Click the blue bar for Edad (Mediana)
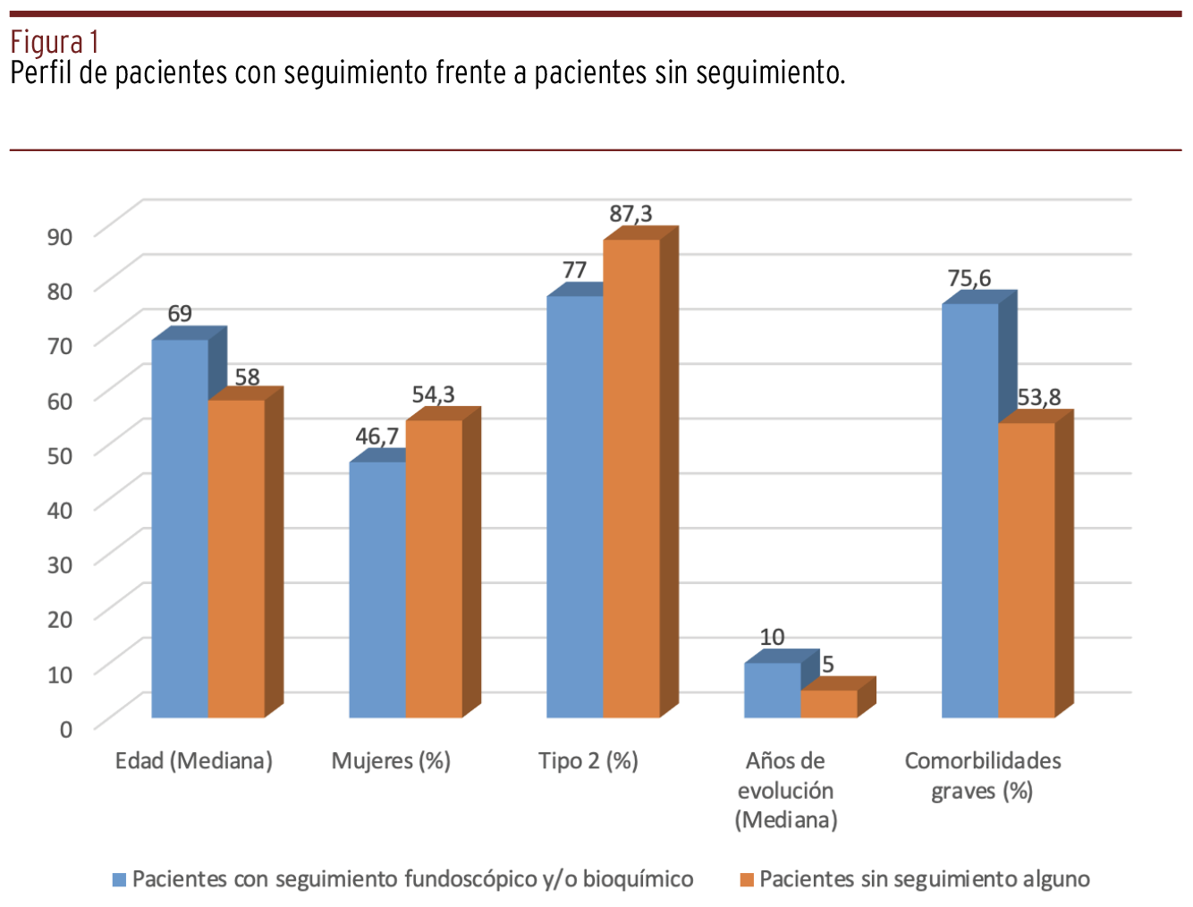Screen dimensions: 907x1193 click(180, 528)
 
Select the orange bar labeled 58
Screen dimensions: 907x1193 click(237, 558)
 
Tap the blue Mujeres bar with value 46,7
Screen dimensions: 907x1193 click(377, 589)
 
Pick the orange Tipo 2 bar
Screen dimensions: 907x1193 click(631, 479)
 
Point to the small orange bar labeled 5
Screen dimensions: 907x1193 click(829, 703)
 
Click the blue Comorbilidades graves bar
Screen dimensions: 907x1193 click(970, 510)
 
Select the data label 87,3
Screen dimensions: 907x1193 click(630, 214)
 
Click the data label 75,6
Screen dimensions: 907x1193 click(969, 278)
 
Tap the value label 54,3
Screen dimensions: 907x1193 click(433, 394)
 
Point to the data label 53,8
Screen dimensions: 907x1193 click(1038, 397)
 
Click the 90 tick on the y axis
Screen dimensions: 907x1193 click(60, 236)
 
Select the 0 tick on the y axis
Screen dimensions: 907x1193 click(66, 729)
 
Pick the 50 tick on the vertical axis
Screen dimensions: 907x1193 click(60, 455)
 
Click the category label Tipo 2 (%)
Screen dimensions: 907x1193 click(588, 761)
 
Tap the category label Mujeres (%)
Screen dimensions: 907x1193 click(391, 761)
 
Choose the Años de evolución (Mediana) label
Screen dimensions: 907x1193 click(786, 790)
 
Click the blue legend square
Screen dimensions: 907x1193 click(119, 879)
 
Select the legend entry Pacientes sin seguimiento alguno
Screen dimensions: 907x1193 click(924, 879)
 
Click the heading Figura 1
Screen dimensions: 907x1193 click(54, 42)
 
